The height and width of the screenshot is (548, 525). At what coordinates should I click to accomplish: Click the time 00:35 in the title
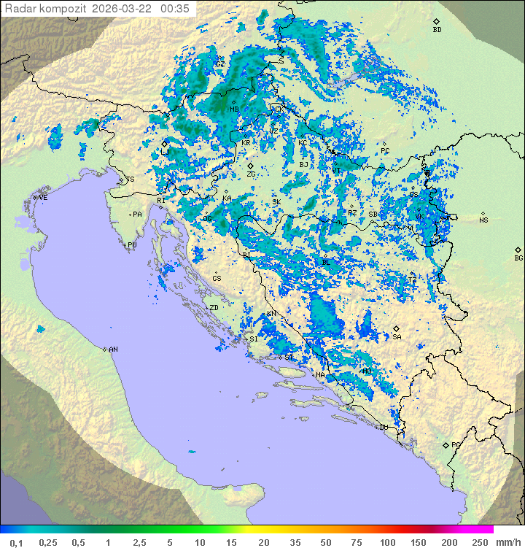pos(175,9)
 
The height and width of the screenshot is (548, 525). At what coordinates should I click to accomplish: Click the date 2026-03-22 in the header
pos(128,9)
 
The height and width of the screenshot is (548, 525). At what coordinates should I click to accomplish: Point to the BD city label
pos(437,30)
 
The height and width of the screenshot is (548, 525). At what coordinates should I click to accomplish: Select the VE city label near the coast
pos(43,198)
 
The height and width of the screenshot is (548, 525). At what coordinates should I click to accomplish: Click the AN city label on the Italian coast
pos(113,350)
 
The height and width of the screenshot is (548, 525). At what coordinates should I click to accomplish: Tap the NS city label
pos(483,220)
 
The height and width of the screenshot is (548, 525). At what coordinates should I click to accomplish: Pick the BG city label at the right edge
pos(518,258)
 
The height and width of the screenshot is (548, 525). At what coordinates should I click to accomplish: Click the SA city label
pos(397,337)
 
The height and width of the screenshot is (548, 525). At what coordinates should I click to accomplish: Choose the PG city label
pos(456,444)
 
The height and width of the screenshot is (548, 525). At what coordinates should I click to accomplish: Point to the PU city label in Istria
pos(132,245)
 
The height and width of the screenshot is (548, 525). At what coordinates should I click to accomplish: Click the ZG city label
pos(251,174)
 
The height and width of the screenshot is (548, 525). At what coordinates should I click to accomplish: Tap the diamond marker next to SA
pos(397,329)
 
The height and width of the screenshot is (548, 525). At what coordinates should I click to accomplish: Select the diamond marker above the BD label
pos(436,22)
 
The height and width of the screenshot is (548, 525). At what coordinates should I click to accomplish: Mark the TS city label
pos(131,180)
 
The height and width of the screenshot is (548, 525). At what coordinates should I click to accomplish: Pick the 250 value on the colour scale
pos(480,542)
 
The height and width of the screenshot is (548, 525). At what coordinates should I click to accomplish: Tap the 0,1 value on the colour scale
pos(16,542)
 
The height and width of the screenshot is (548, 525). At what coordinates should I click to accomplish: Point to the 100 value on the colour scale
pos(387,542)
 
